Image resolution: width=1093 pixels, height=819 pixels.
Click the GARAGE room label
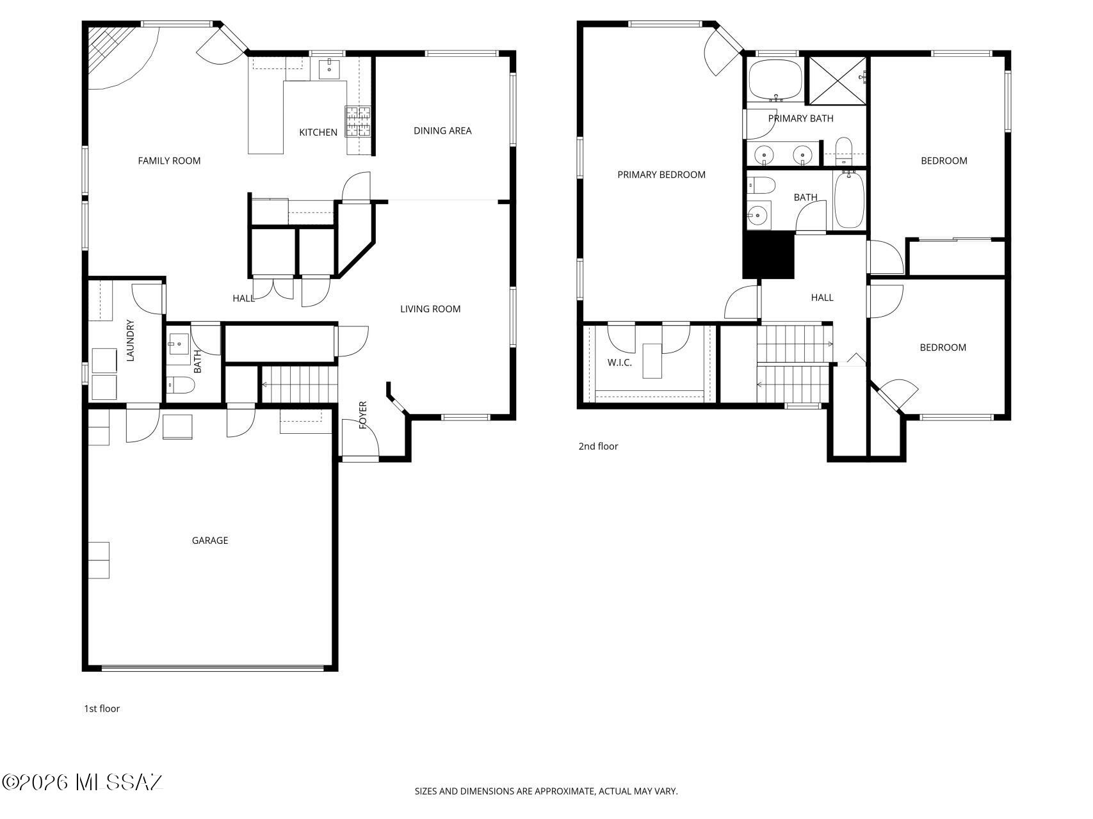tap(210, 541)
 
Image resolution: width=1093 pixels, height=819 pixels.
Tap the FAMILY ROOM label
tap(169, 161)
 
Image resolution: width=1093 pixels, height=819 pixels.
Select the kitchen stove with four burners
tap(358, 121)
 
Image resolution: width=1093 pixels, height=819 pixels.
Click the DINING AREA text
tap(442, 131)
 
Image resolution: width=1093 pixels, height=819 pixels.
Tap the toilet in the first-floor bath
tap(181, 385)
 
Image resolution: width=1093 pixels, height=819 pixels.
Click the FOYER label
tap(363, 415)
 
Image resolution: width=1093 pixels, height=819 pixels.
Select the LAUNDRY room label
tap(131, 340)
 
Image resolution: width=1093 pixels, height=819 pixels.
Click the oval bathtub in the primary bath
tap(775, 80)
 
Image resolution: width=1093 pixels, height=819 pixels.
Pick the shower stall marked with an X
tap(836, 80)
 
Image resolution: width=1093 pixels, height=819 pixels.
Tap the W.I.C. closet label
tap(619, 363)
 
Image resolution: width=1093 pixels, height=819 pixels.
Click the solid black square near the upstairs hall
tap(768, 255)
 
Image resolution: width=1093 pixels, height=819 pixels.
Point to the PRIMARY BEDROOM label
tap(661, 175)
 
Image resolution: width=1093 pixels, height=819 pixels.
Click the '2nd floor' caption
tap(598, 447)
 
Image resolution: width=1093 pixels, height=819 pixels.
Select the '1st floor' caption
tap(102, 708)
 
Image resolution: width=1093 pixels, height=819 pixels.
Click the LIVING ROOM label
tap(430, 309)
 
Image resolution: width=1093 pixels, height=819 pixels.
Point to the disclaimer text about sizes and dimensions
tap(546, 791)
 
